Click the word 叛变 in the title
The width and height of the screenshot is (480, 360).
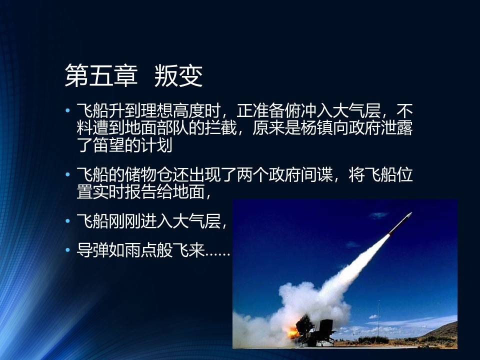pyautogui.click(x=178, y=75)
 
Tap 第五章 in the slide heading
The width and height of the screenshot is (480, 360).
pyautogui.click(x=101, y=75)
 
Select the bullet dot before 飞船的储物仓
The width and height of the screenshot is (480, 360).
pyautogui.click(x=67, y=174)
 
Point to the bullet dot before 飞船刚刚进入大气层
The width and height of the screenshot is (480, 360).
pyautogui.click(x=67, y=220)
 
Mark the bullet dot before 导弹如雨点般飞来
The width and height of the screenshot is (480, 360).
pyautogui.click(x=67, y=250)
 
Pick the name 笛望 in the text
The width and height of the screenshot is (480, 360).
pyautogui.click(x=108, y=145)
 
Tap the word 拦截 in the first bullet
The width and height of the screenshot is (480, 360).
pyautogui.click(x=220, y=127)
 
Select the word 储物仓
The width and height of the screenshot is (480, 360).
pyautogui.click(x=149, y=175)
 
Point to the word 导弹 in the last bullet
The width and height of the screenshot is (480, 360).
pyautogui.click(x=92, y=250)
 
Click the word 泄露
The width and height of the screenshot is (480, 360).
pyautogui.click(x=396, y=127)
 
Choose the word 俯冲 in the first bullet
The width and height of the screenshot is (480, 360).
pyautogui.click(x=300, y=111)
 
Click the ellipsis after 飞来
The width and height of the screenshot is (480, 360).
pyautogui.click(x=217, y=254)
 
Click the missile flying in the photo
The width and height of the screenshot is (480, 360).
pyautogui.click(x=400, y=223)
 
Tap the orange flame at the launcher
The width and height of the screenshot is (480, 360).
pyautogui.click(x=293, y=332)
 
